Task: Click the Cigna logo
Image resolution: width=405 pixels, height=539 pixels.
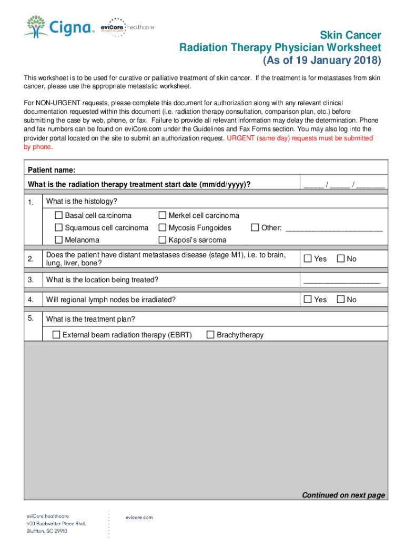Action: pos(58,26)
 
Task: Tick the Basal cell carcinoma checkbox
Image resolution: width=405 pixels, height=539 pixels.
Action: pos(59,215)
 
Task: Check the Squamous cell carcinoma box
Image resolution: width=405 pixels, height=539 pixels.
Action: pos(59,228)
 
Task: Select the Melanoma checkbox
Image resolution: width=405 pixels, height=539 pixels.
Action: pos(59,240)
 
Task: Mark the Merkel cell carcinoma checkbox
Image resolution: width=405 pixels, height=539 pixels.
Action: pos(163,215)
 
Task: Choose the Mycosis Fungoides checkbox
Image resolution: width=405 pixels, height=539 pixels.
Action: pos(163,228)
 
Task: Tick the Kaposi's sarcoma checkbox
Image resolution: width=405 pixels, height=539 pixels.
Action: pos(163,240)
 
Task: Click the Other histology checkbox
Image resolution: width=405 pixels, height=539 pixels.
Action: pos(255,228)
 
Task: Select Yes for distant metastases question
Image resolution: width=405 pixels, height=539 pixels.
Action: pos(308,258)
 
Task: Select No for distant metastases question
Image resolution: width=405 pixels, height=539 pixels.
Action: pos(340,258)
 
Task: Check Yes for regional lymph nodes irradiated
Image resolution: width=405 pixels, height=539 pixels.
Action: pos(308,300)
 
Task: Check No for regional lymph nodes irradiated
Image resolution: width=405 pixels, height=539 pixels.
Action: pos(340,300)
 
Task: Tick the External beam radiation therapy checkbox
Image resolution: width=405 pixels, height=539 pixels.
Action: pos(56,335)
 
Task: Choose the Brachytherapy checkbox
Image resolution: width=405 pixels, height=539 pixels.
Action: pos(210,335)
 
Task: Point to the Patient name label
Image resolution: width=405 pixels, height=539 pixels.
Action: pos(52,170)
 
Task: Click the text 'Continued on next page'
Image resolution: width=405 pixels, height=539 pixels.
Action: pos(343,495)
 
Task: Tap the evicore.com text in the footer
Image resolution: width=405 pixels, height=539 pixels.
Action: pos(139,517)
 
